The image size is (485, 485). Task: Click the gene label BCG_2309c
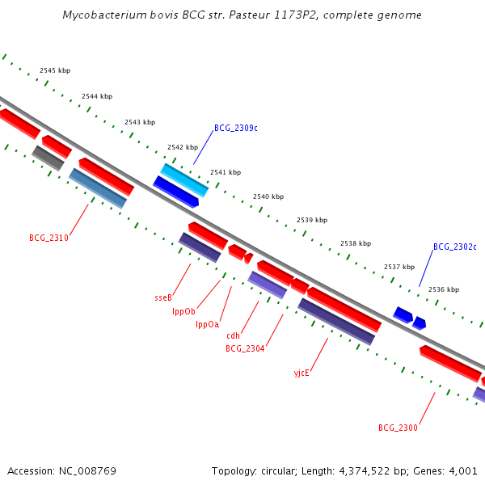point(236,128)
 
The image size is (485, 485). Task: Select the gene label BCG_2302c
point(455,247)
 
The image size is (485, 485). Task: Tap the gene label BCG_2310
point(48,238)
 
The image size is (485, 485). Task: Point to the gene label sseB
point(163,297)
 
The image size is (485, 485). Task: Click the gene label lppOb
point(183,311)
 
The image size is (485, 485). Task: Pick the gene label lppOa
point(208,324)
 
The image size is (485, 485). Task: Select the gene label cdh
point(234,335)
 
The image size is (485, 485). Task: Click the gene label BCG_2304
point(246,348)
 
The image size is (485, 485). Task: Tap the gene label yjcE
point(302,373)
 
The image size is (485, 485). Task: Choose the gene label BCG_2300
point(398,428)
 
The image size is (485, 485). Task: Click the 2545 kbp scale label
point(55,71)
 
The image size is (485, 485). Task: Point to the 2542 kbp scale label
point(183,147)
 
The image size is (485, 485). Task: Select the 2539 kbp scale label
point(312,220)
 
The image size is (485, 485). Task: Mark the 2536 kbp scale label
point(444,289)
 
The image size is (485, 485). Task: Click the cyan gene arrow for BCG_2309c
point(184,179)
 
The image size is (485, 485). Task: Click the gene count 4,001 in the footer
point(462,470)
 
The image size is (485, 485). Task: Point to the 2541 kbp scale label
point(226,172)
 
